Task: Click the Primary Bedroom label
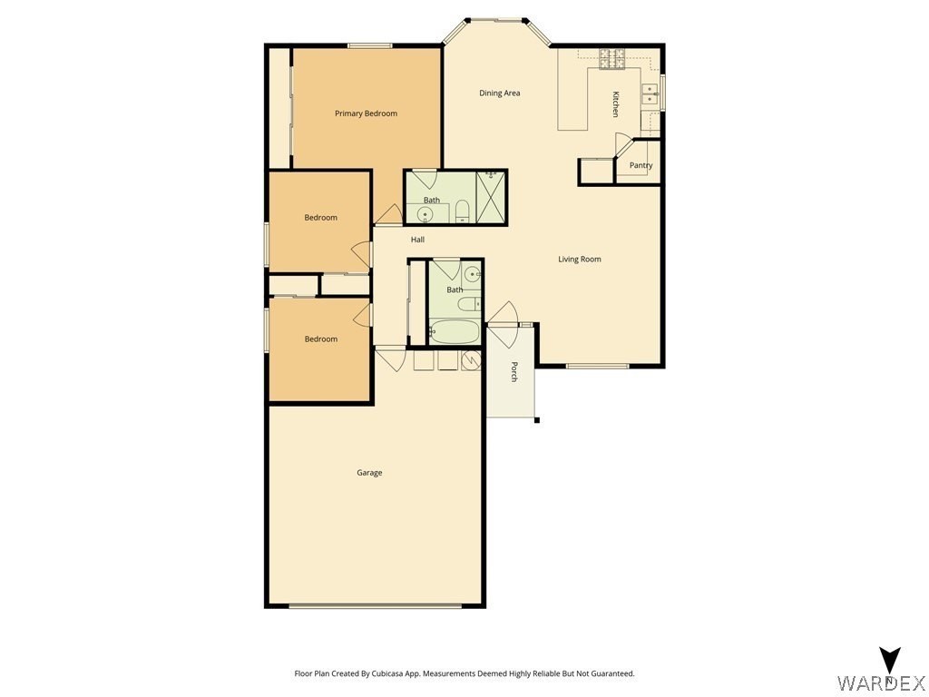366,113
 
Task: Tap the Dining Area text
500,93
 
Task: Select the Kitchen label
616,104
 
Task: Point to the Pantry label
641,165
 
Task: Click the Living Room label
580,259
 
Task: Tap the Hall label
417,240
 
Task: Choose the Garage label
369,472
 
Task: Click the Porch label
514,371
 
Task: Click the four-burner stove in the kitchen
612,59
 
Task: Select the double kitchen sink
650,94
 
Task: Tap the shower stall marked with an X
491,197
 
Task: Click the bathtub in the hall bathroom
454,332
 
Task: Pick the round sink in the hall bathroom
472,274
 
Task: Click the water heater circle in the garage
471,359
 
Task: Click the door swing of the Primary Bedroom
388,214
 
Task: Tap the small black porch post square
537,421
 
